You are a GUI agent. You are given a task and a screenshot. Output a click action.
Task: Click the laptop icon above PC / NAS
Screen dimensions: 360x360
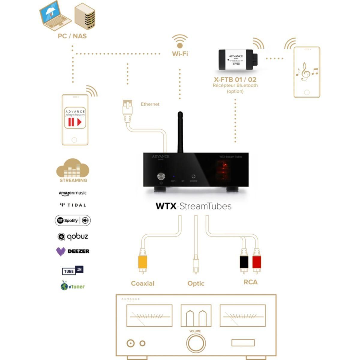click(55, 17)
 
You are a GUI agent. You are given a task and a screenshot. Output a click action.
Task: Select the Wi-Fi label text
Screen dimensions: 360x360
click(180, 54)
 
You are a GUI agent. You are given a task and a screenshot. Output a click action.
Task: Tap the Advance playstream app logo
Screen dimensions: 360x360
click(75, 118)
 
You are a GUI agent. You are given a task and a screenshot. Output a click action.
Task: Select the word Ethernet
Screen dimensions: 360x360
click(150, 104)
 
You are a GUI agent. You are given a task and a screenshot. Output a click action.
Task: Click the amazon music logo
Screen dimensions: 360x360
click(73, 193)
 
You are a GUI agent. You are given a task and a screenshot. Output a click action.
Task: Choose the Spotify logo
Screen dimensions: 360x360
click(73, 220)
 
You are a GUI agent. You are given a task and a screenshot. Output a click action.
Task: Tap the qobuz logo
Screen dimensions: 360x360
click(73, 236)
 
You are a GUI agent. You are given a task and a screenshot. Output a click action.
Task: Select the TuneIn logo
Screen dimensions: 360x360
click(73, 271)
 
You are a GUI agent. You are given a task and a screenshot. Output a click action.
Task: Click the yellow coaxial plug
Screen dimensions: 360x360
click(142, 262)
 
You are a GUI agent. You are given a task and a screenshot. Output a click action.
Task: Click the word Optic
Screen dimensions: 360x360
click(196, 283)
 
